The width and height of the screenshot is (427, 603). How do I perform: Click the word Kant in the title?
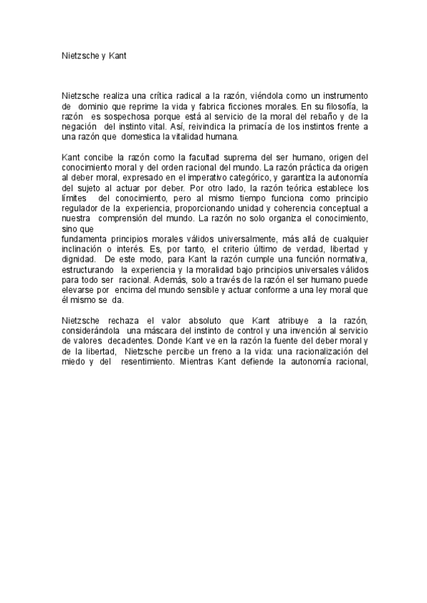point(117,54)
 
